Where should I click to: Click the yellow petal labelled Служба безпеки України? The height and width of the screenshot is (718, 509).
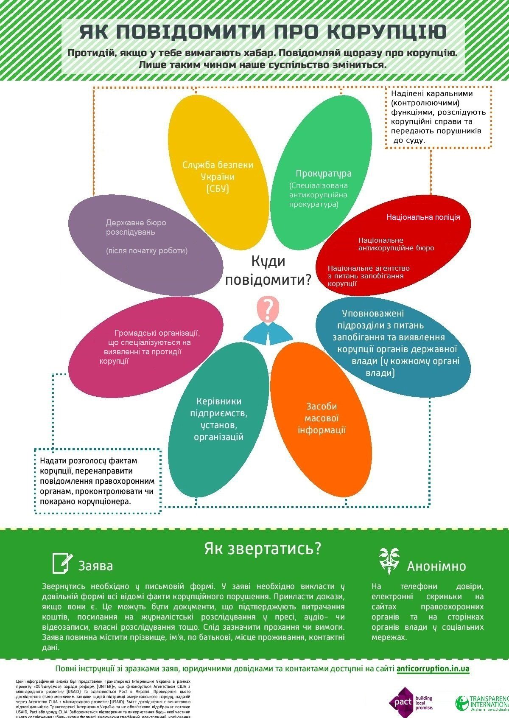point(218,174)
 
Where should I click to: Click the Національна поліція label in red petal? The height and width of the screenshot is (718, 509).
point(422,217)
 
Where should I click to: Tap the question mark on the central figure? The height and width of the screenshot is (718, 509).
point(268,309)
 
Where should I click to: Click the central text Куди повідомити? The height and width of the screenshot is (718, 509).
point(268,271)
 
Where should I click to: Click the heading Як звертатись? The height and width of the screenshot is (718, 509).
point(263,548)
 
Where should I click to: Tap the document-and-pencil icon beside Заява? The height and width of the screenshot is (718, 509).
point(61,563)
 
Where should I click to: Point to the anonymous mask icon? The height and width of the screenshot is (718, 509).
point(389,561)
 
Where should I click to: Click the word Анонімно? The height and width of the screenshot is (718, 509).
point(436,567)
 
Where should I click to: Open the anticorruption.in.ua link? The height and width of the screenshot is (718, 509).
point(433,669)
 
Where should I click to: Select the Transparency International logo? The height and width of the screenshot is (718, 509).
point(481,703)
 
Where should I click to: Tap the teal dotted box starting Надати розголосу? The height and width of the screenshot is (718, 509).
point(97,481)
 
